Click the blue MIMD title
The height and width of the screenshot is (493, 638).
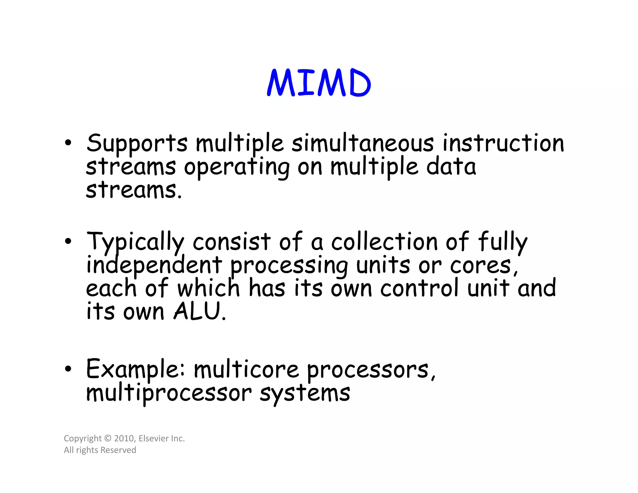tap(319, 83)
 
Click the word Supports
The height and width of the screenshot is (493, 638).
tap(137, 143)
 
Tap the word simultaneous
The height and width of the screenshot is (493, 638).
tap(362, 143)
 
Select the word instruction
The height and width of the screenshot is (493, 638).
tap(503, 143)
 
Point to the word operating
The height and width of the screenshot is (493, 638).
tap(237, 167)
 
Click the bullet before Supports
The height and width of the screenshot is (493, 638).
tap(68, 143)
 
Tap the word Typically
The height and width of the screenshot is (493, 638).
tap(135, 242)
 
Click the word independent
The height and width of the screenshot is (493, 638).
tap(154, 265)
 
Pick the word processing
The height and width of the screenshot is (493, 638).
tap(289, 266)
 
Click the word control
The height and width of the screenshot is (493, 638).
tap(420, 288)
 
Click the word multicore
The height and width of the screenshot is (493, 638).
tap(246, 370)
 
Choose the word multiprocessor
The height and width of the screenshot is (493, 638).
tap(169, 393)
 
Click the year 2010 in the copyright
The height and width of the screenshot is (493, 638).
tap(124, 438)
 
